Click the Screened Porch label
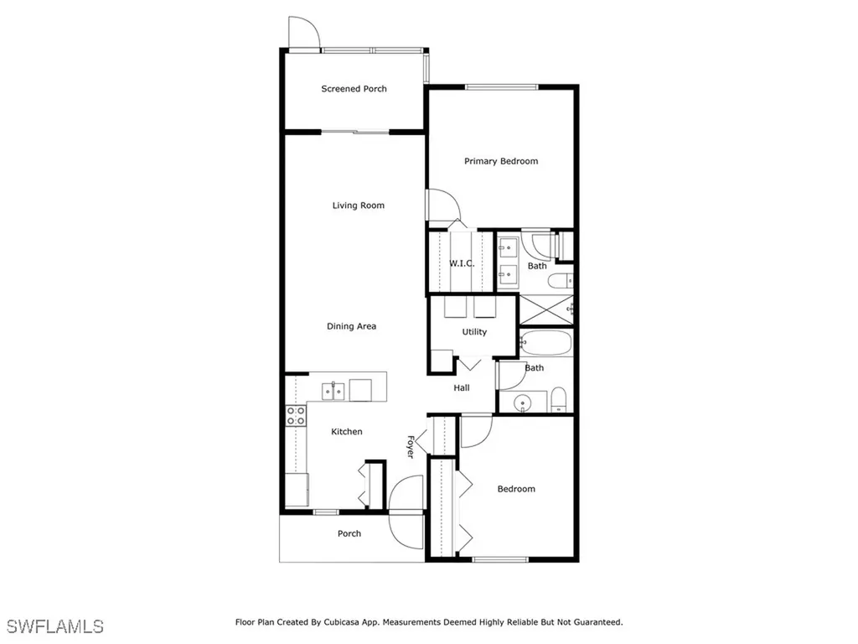(x=354, y=89)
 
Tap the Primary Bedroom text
(x=501, y=161)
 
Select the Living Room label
(x=358, y=205)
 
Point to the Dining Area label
(x=351, y=326)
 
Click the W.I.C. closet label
(x=462, y=263)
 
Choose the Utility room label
(x=474, y=332)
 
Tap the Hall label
(x=462, y=388)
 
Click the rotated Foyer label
(x=411, y=446)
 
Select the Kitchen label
(x=347, y=432)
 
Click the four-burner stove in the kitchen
(x=296, y=415)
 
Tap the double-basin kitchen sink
(x=333, y=391)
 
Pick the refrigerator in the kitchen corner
(x=296, y=490)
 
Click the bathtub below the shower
(x=545, y=343)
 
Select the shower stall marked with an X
(x=545, y=310)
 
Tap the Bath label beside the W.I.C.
(x=537, y=267)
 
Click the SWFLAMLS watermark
(x=55, y=626)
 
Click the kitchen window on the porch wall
(x=326, y=512)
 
